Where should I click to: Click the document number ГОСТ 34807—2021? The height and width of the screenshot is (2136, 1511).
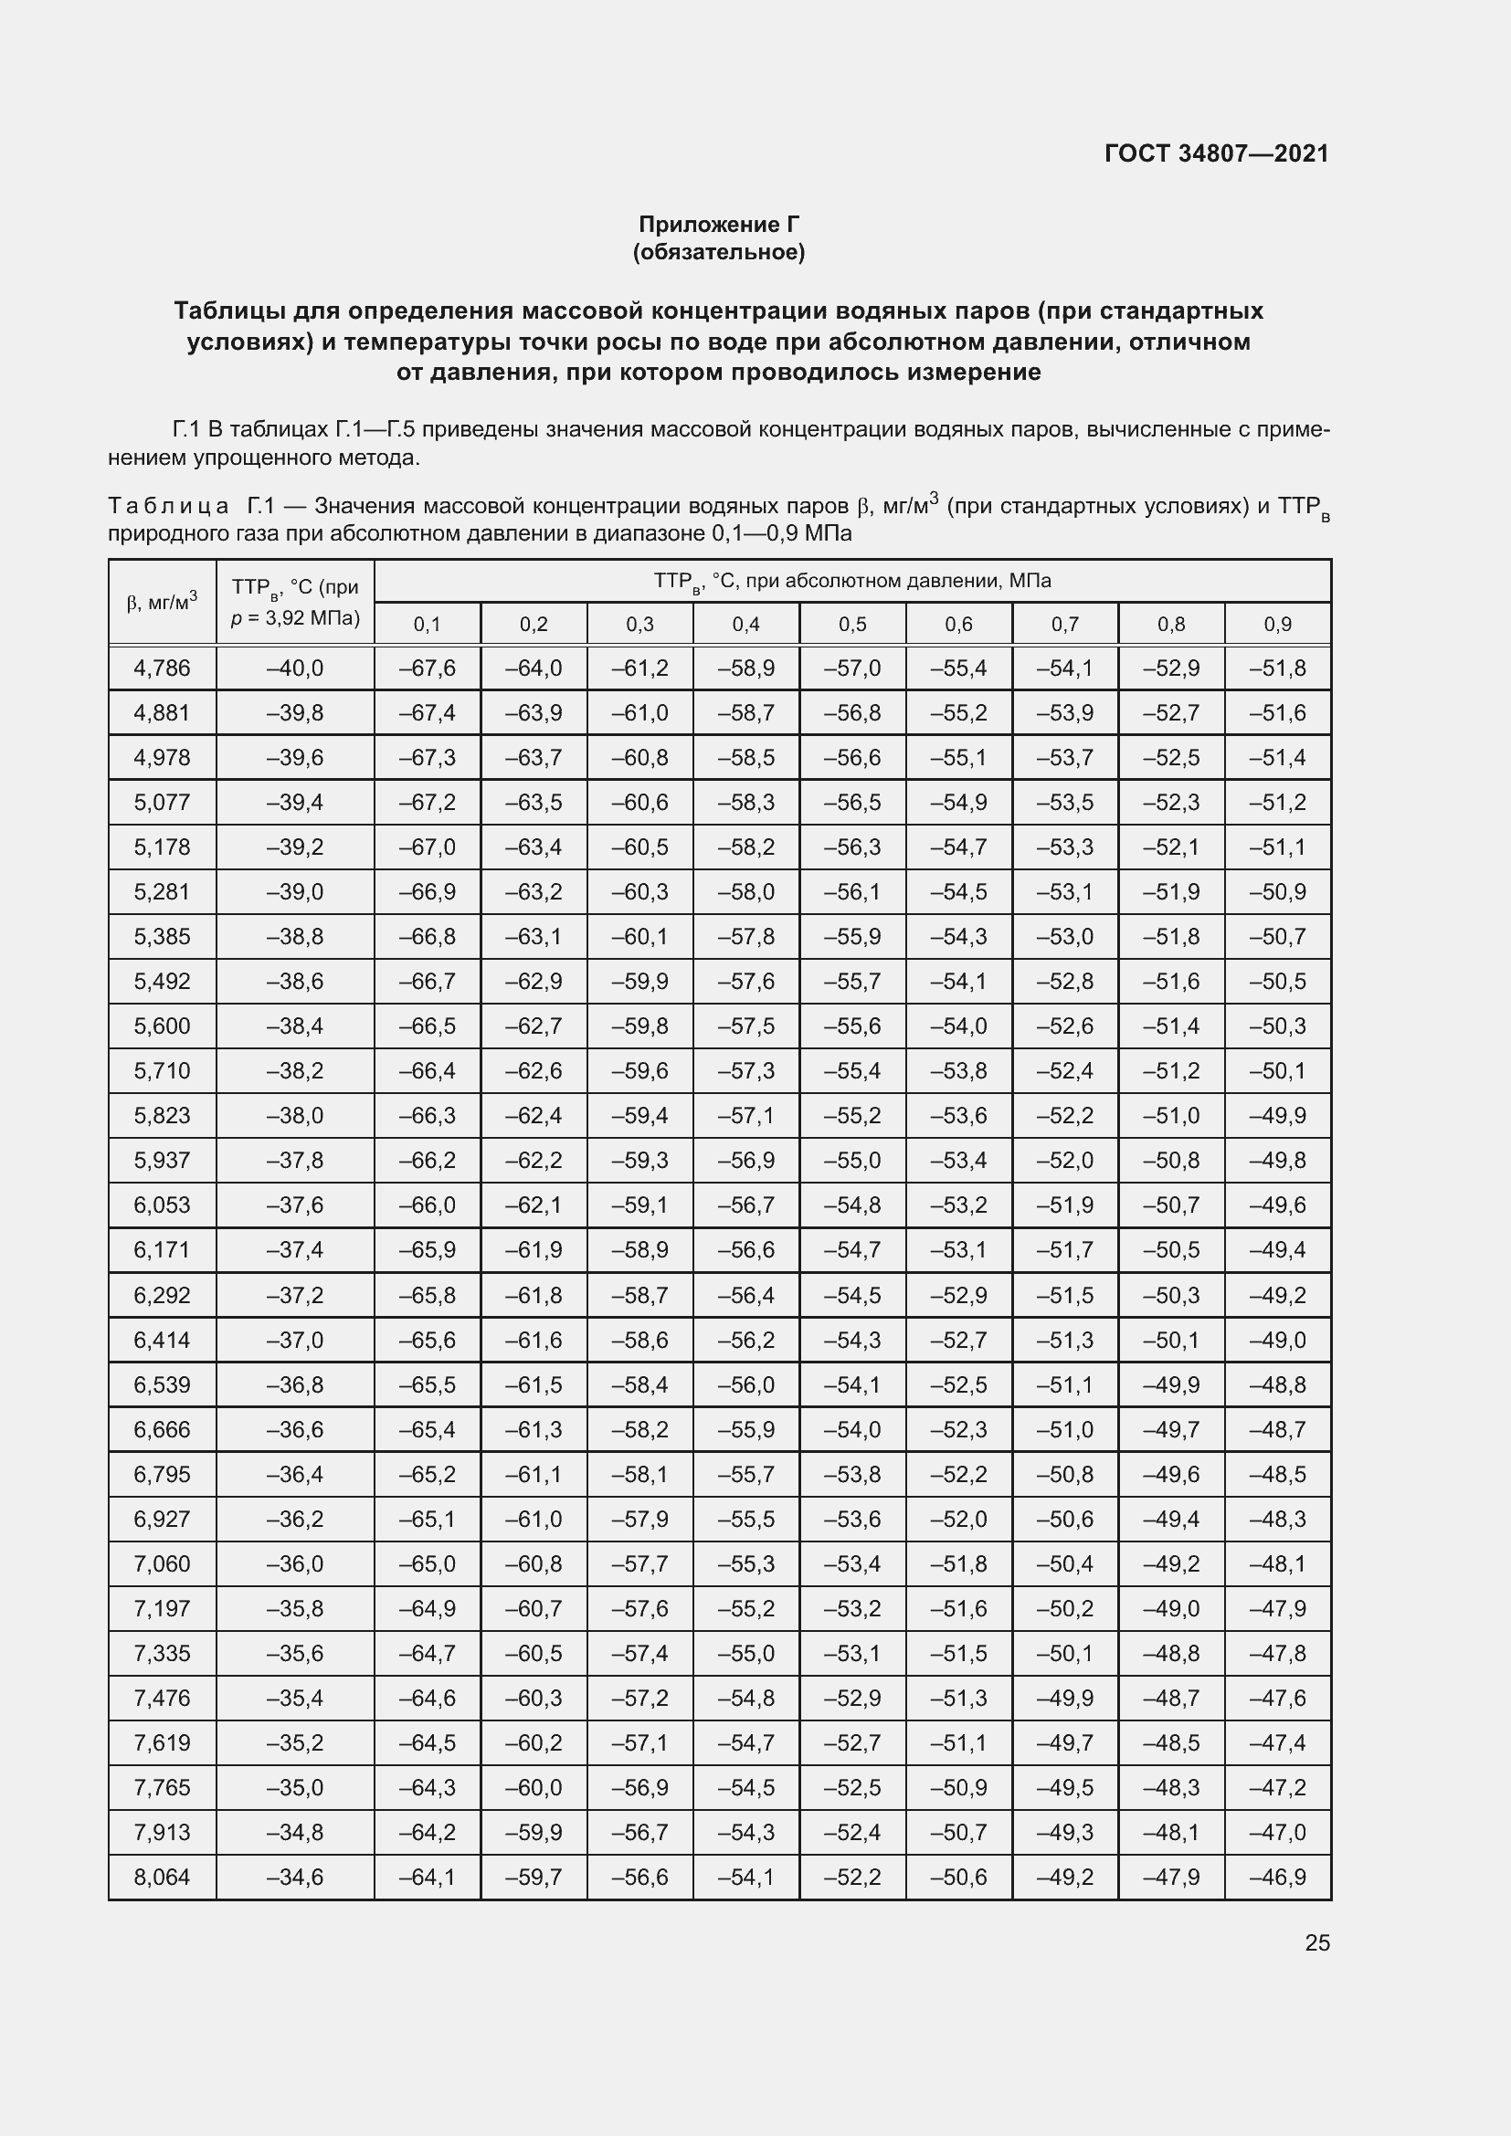1216,153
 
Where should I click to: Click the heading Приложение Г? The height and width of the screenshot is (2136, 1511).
718,225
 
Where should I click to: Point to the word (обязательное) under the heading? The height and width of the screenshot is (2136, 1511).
718,252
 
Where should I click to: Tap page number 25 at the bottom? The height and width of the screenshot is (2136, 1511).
1316,1942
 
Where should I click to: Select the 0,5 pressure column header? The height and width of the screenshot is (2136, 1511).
852,625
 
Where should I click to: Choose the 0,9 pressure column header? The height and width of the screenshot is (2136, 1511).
1277,625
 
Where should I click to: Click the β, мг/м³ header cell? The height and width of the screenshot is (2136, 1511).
162,602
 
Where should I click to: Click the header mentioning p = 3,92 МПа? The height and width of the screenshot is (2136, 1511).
295,616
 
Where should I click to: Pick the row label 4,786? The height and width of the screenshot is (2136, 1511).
162,668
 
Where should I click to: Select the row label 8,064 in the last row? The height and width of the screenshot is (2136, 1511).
162,1877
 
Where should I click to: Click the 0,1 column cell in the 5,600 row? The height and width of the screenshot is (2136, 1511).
427,1026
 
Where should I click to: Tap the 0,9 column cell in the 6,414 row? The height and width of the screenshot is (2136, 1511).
1277,1340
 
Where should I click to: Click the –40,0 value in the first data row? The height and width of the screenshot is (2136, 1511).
295,668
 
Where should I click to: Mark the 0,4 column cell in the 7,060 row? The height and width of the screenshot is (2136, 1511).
746,1563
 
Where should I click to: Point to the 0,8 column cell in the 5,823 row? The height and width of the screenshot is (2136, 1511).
1171,1115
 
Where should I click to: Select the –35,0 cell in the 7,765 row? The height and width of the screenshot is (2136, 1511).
295,1787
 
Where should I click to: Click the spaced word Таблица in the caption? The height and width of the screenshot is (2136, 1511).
168,506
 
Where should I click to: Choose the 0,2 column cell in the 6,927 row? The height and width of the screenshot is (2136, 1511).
534,1520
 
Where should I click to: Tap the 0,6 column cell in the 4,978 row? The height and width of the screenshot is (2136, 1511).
958,757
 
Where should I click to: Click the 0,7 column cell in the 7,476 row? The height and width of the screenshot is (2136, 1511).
1065,1698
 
